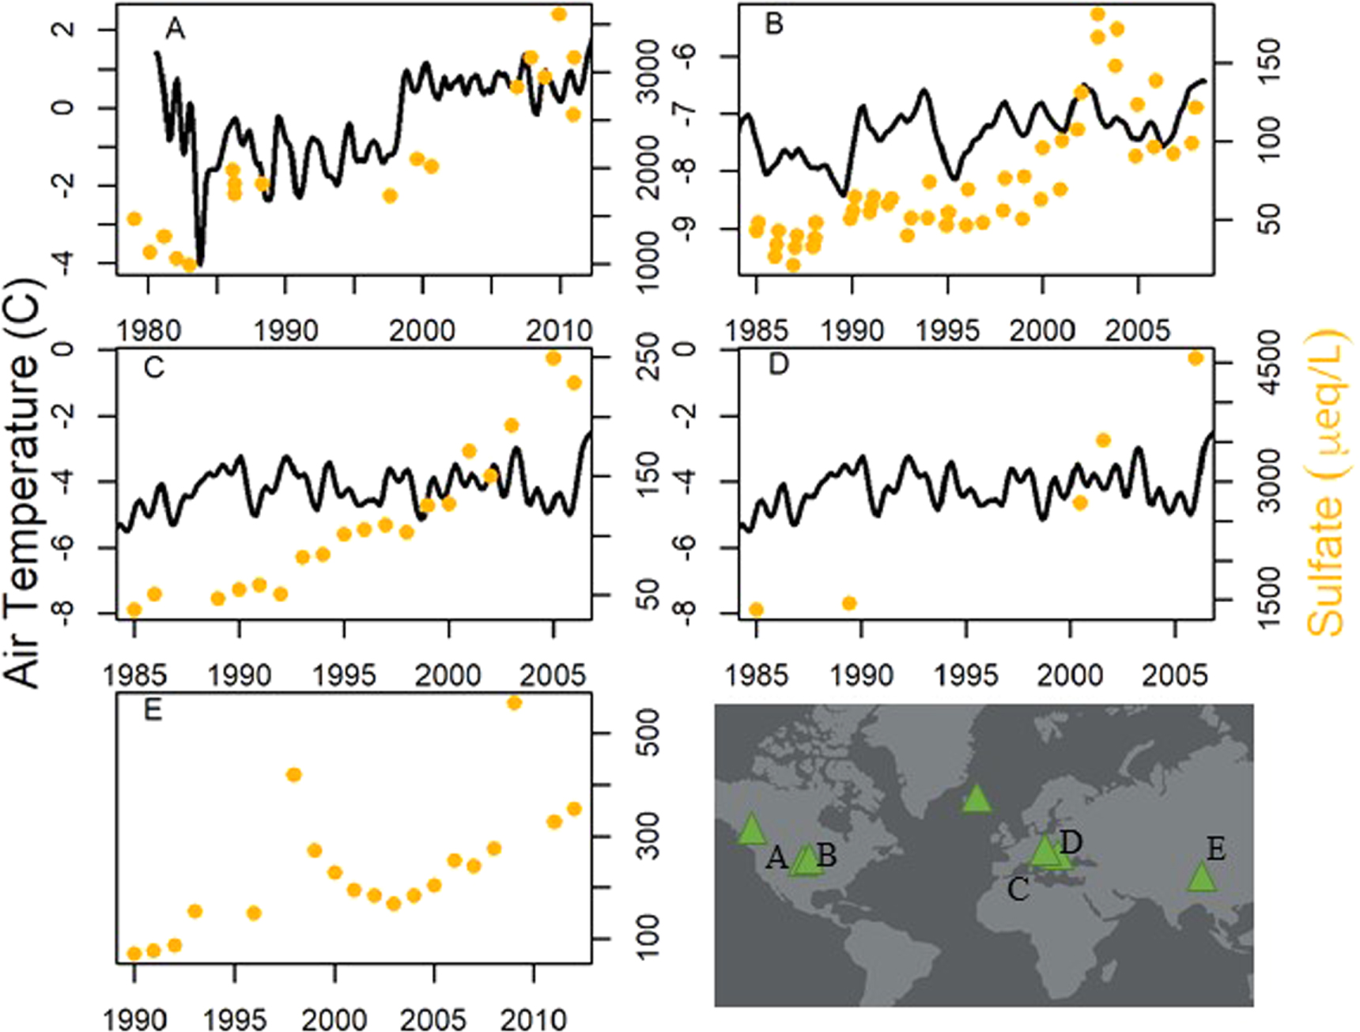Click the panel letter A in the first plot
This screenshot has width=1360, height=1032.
pyautogui.click(x=175, y=29)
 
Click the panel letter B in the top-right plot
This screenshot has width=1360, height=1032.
pyautogui.click(x=774, y=25)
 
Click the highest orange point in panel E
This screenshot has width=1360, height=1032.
pyautogui.click(x=514, y=702)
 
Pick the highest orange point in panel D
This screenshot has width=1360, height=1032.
pyautogui.click(x=1196, y=358)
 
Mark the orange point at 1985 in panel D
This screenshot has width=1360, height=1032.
pyautogui.click(x=756, y=609)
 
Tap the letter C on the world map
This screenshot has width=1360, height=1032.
pyautogui.click(x=1018, y=890)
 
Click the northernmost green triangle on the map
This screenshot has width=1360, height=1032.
pyautogui.click(x=977, y=798)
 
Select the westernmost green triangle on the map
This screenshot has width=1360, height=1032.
pyautogui.click(x=751, y=830)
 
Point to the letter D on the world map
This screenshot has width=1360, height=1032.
pyautogui.click(x=1071, y=842)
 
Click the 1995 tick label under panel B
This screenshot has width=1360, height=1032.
pyautogui.click(x=947, y=330)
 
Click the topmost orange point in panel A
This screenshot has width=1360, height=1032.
pyautogui.click(x=559, y=14)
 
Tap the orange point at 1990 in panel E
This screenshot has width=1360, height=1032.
pyautogui.click(x=134, y=953)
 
